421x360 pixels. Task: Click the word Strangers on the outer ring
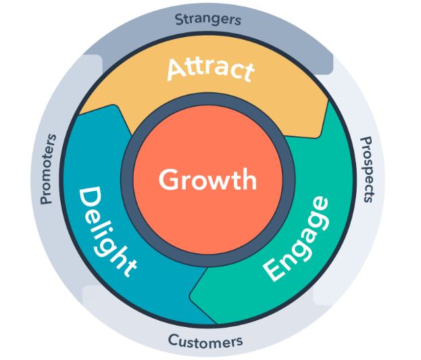(207, 19)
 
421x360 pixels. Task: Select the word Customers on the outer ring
(205, 341)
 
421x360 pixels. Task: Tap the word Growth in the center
(207, 180)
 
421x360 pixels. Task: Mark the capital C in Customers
(173, 339)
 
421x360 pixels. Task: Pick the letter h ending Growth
(249, 180)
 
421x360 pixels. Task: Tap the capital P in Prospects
(366, 141)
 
